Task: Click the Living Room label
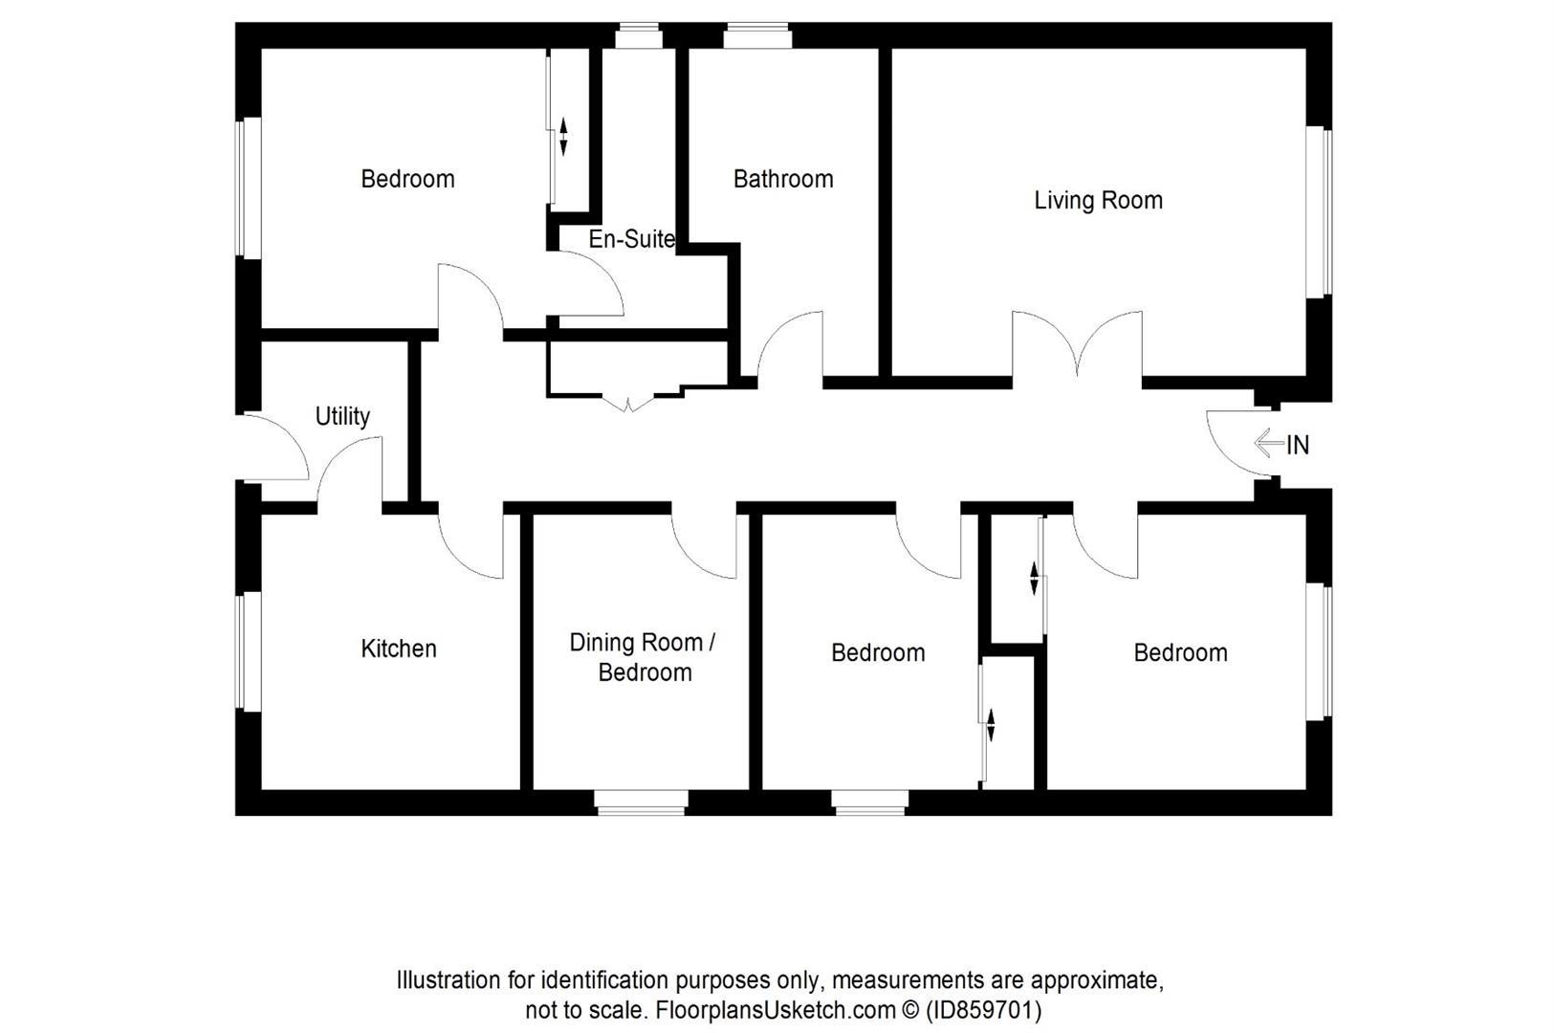1098,200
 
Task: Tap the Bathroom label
782,179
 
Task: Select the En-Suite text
631,239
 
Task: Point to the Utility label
342,416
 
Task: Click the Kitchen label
398,648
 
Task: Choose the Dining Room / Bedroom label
643,657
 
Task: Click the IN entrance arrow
1269,443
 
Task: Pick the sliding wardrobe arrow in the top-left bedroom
563,136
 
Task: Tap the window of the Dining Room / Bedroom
641,802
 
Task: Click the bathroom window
756,36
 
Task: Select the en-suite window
638,36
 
